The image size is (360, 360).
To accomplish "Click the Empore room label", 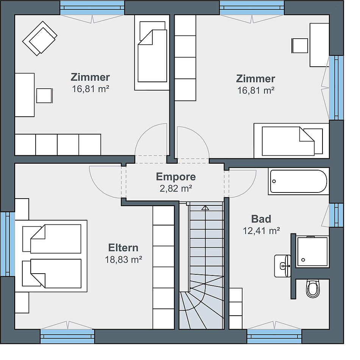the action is [176, 177].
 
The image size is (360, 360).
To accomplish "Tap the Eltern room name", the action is [123, 248].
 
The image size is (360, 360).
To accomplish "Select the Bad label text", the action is [261, 219].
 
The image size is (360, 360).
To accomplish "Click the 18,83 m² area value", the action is [123, 260].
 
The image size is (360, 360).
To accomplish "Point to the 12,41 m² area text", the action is [261, 230].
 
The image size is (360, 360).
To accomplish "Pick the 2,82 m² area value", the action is [176, 188].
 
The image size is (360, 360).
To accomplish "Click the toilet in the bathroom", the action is [313, 288].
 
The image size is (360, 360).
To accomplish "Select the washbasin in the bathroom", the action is [282, 266].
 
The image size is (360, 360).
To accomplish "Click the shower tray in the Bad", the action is [312, 252].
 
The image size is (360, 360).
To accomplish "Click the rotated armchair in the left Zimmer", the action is [40, 38].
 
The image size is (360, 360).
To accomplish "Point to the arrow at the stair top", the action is [205, 208].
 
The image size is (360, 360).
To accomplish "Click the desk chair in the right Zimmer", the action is [300, 46].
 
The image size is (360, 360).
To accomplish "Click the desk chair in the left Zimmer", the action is [44, 95].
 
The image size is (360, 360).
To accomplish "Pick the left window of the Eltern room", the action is [7, 244].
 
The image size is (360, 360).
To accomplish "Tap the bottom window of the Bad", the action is [274, 337].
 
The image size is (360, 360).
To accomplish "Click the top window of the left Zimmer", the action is [92, 8].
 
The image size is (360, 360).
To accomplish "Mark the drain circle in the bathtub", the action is [274, 182].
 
